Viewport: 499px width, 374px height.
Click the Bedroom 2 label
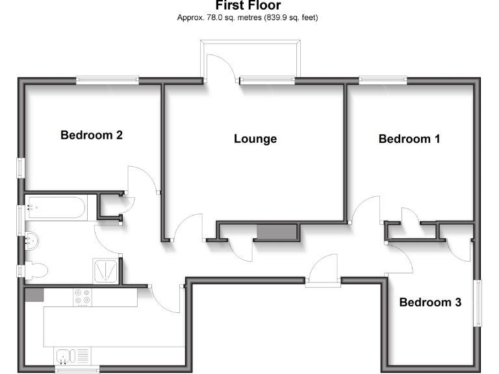click(x=92, y=135)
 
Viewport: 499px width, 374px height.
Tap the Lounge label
click(x=255, y=138)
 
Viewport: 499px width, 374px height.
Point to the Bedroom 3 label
click(x=430, y=302)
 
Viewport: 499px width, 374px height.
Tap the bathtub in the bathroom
click(x=55, y=208)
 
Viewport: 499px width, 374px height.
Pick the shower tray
click(x=106, y=271)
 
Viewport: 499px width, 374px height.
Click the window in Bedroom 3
click(x=478, y=303)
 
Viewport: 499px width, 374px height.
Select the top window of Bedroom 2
click(x=107, y=81)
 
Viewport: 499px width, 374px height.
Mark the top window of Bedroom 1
click(x=383, y=81)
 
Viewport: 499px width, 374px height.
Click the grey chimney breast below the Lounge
click(x=276, y=232)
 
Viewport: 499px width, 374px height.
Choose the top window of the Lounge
click(x=266, y=81)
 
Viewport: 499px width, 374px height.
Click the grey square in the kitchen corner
click(x=34, y=295)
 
